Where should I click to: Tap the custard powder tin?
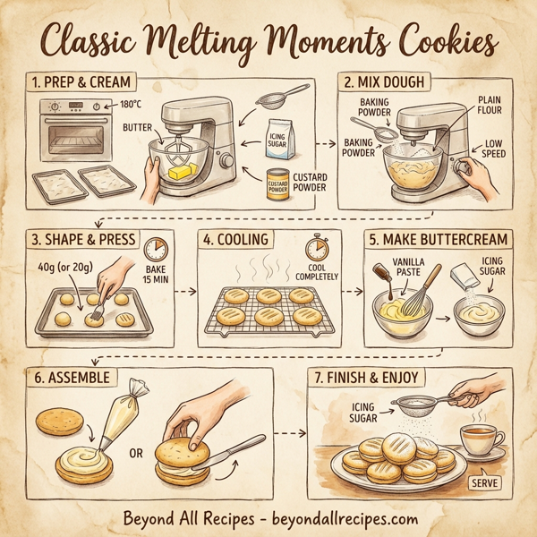click(x=277, y=183)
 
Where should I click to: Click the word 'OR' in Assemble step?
click(x=135, y=453)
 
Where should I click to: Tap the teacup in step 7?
click(x=479, y=439)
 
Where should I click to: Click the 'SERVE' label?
click(x=483, y=481)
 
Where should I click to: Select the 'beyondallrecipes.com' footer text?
click(x=347, y=517)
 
